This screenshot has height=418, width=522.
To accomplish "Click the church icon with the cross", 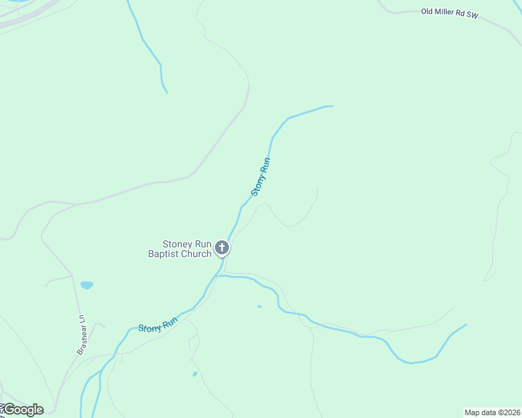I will coord(222,247).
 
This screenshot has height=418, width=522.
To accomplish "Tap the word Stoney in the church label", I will coord(177,244).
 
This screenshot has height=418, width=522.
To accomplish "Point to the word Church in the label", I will coord(197,254).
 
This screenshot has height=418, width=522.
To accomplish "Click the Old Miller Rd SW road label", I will coord(449,13).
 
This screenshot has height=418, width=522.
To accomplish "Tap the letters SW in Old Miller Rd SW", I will coord(472,15).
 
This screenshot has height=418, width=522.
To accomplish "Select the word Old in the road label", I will coord(427,11).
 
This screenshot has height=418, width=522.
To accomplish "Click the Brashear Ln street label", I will coord(81,335).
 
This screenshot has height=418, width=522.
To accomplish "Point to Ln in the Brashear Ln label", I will coord(82,320).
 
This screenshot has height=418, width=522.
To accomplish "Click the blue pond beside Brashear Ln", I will coord(87,285).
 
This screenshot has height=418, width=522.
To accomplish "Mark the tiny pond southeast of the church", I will coord(260,307).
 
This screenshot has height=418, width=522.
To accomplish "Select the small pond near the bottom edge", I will coord(195,374).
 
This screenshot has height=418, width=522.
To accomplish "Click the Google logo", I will coord(23,410).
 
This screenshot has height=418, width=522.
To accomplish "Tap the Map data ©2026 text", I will coord(492,412).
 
